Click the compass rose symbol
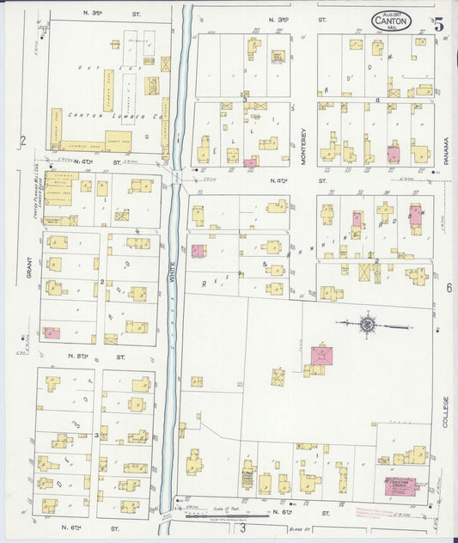point(368,324)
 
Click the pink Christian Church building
point(395,486)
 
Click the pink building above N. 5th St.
point(52,333)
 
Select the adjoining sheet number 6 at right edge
point(448,289)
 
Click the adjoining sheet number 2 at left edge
point(23,140)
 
